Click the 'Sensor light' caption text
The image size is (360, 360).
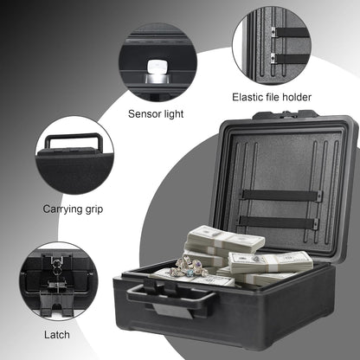click(x=160, y=113)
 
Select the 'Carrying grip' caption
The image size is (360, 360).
click(x=74, y=209)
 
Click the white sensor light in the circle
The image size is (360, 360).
click(x=157, y=67)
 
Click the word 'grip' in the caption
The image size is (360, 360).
click(x=95, y=209)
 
